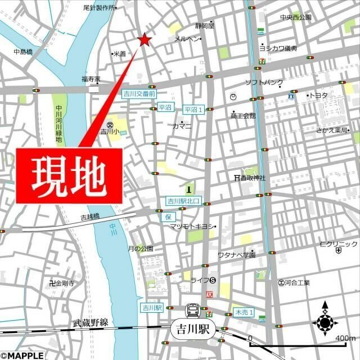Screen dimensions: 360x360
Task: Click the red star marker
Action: pos(145,40)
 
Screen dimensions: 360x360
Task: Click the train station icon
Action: pos(191,310)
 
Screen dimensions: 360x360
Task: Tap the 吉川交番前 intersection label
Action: pos(137,94)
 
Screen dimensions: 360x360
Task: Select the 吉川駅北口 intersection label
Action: pos(183,201)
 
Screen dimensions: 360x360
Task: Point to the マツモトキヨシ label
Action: pos(193,226)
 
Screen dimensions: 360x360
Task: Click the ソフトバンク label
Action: pos(264,83)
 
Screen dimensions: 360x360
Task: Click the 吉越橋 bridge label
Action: pos(89,216)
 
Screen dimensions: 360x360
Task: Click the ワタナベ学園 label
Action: pos(236,255)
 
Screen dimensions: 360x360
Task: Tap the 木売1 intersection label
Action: pos(244,312)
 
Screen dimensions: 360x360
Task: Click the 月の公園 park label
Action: pos(140,248)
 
